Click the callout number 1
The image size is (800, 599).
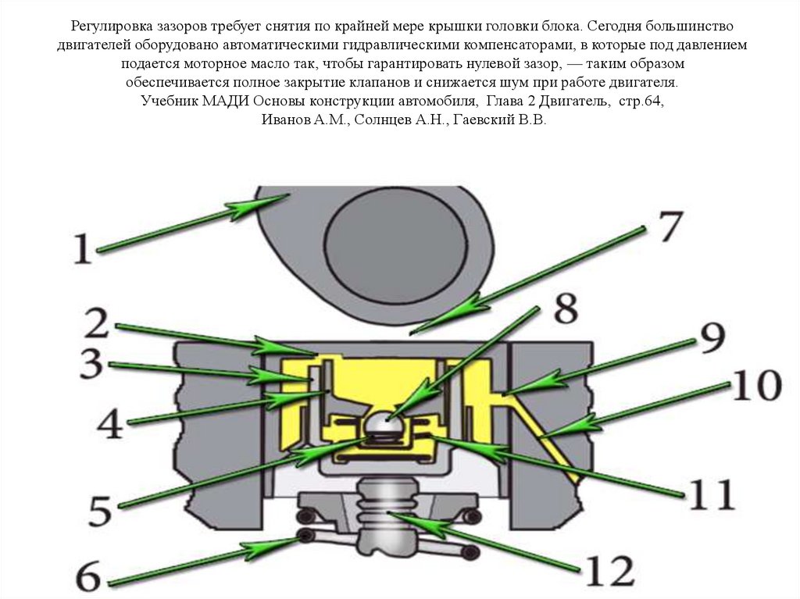[x=83, y=251]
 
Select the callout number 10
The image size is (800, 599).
[x=756, y=386]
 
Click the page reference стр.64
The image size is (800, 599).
[x=641, y=102]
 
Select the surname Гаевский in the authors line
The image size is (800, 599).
[x=477, y=120]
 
